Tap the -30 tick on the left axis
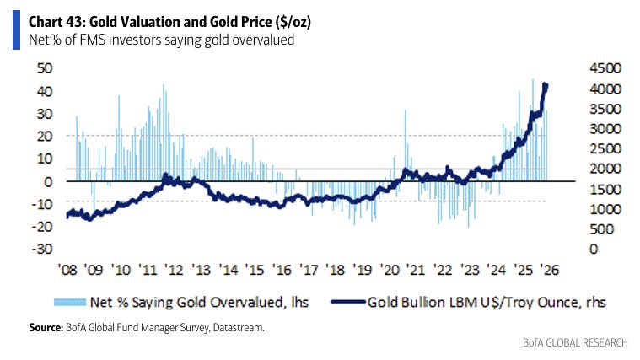coord(39,249)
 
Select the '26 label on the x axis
coord(548,270)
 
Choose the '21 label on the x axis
coord(415,270)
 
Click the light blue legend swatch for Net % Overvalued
coord(76,301)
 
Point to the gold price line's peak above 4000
coord(545,84)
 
